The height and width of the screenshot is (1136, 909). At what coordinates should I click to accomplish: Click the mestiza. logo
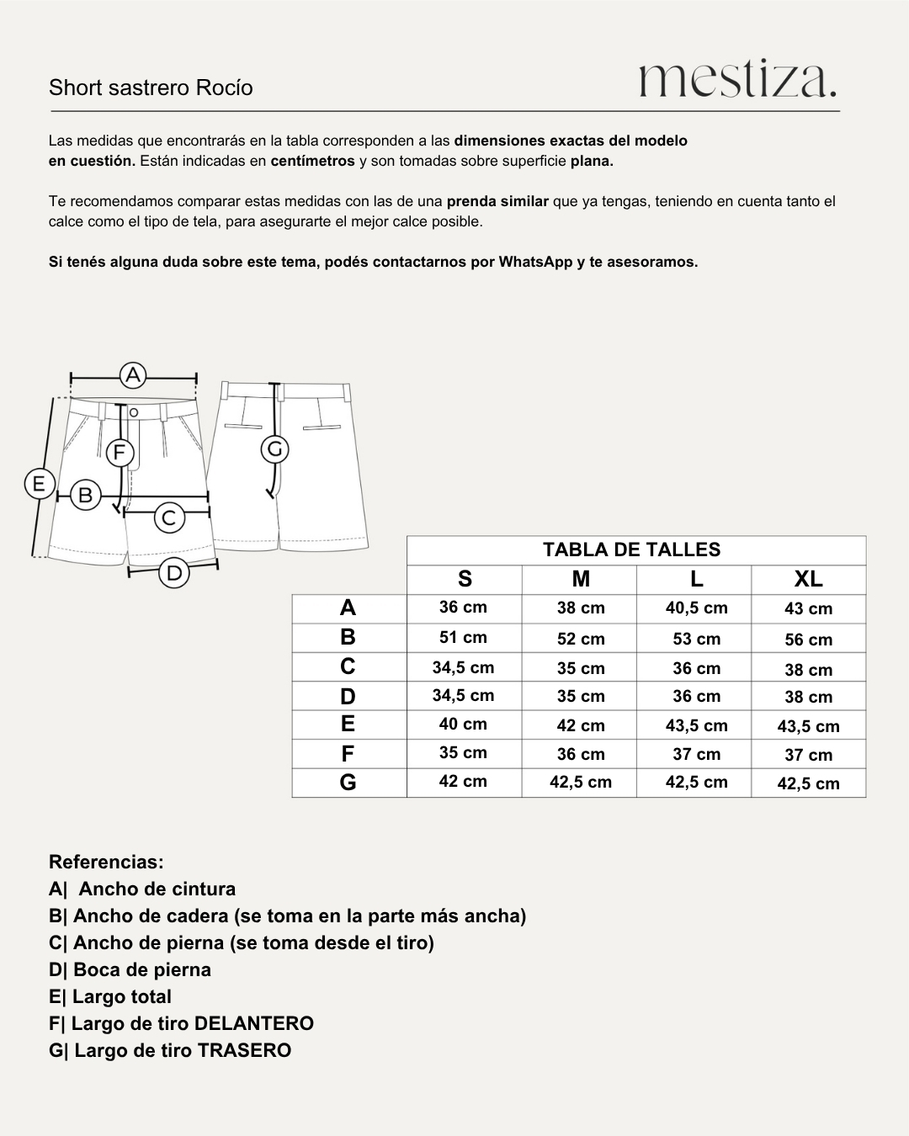[737, 80]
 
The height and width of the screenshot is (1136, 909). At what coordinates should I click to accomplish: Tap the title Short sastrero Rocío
[151, 88]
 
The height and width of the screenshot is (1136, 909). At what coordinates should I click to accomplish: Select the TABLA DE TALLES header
[631, 549]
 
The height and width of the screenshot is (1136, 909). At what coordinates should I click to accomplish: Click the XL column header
[808, 579]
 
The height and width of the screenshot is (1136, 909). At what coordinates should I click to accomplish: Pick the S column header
[465, 579]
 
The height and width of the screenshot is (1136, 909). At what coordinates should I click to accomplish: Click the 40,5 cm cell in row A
[696, 608]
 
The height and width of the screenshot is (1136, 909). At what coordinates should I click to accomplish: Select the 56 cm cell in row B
[808, 640]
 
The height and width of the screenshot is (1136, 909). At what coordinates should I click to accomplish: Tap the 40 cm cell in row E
[463, 724]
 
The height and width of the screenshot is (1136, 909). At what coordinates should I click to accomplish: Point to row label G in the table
[348, 783]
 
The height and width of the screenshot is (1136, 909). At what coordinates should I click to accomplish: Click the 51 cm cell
[463, 637]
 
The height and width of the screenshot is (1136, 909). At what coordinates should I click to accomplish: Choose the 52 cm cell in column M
[581, 639]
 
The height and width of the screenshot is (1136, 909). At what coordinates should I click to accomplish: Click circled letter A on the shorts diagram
[133, 374]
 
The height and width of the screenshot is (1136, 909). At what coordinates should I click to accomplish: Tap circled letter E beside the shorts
[38, 484]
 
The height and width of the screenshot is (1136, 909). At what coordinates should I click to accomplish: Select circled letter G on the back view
[274, 449]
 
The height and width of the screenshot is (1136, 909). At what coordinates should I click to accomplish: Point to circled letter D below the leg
[173, 573]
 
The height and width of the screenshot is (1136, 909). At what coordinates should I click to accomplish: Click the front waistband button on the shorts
[133, 412]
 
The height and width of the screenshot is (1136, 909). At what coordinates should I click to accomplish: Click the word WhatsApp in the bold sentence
[535, 262]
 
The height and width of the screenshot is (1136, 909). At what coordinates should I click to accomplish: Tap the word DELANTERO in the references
[253, 1023]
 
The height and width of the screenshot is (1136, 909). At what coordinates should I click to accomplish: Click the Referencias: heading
[106, 862]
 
